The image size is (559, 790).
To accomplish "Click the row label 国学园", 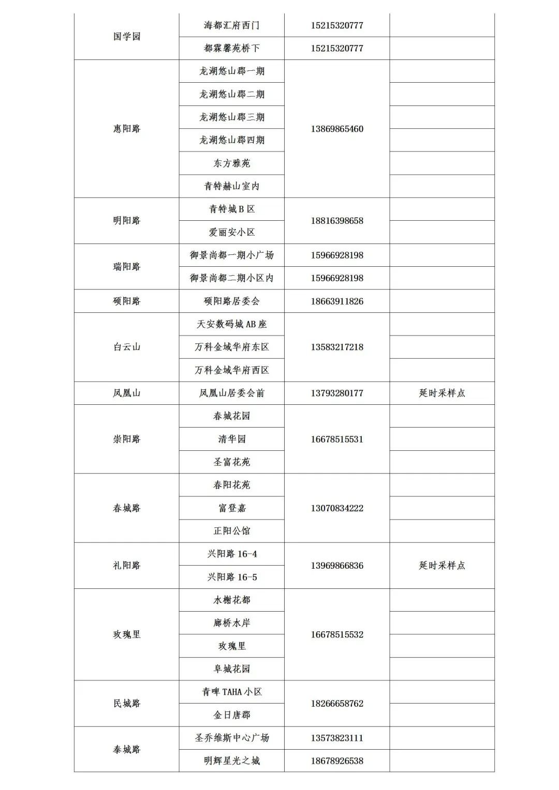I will [x=127, y=37].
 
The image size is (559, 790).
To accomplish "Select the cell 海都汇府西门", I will [x=231, y=25].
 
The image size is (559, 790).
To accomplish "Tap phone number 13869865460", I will [x=337, y=129].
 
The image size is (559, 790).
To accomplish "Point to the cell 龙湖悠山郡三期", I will [x=231, y=117].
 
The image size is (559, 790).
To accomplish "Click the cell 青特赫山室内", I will [x=231, y=186].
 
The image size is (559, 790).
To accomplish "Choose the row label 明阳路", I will [x=127, y=221].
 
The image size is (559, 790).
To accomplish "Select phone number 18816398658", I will [x=337, y=221].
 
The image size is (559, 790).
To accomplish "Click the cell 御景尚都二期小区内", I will [x=231, y=278].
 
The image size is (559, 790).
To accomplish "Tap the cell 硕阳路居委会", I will [x=231, y=301].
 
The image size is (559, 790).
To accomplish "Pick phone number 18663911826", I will [x=337, y=301].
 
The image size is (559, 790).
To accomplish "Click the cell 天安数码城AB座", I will [x=231, y=324].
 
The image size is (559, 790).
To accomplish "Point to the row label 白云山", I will [x=127, y=347].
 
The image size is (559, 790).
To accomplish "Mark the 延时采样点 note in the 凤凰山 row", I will [x=442, y=393].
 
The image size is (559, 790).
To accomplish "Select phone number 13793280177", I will [x=337, y=393].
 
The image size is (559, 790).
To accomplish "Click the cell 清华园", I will [x=231, y=439].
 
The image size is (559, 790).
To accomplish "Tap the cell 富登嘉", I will [x=231, y=508].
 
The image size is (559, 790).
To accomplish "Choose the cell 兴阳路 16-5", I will [x=231, y=577].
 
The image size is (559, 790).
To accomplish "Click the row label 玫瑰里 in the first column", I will [x=127, y=634].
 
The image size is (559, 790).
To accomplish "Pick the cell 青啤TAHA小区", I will [x=231, y=692].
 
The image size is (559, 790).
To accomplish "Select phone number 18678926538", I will [x=337, y=761].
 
